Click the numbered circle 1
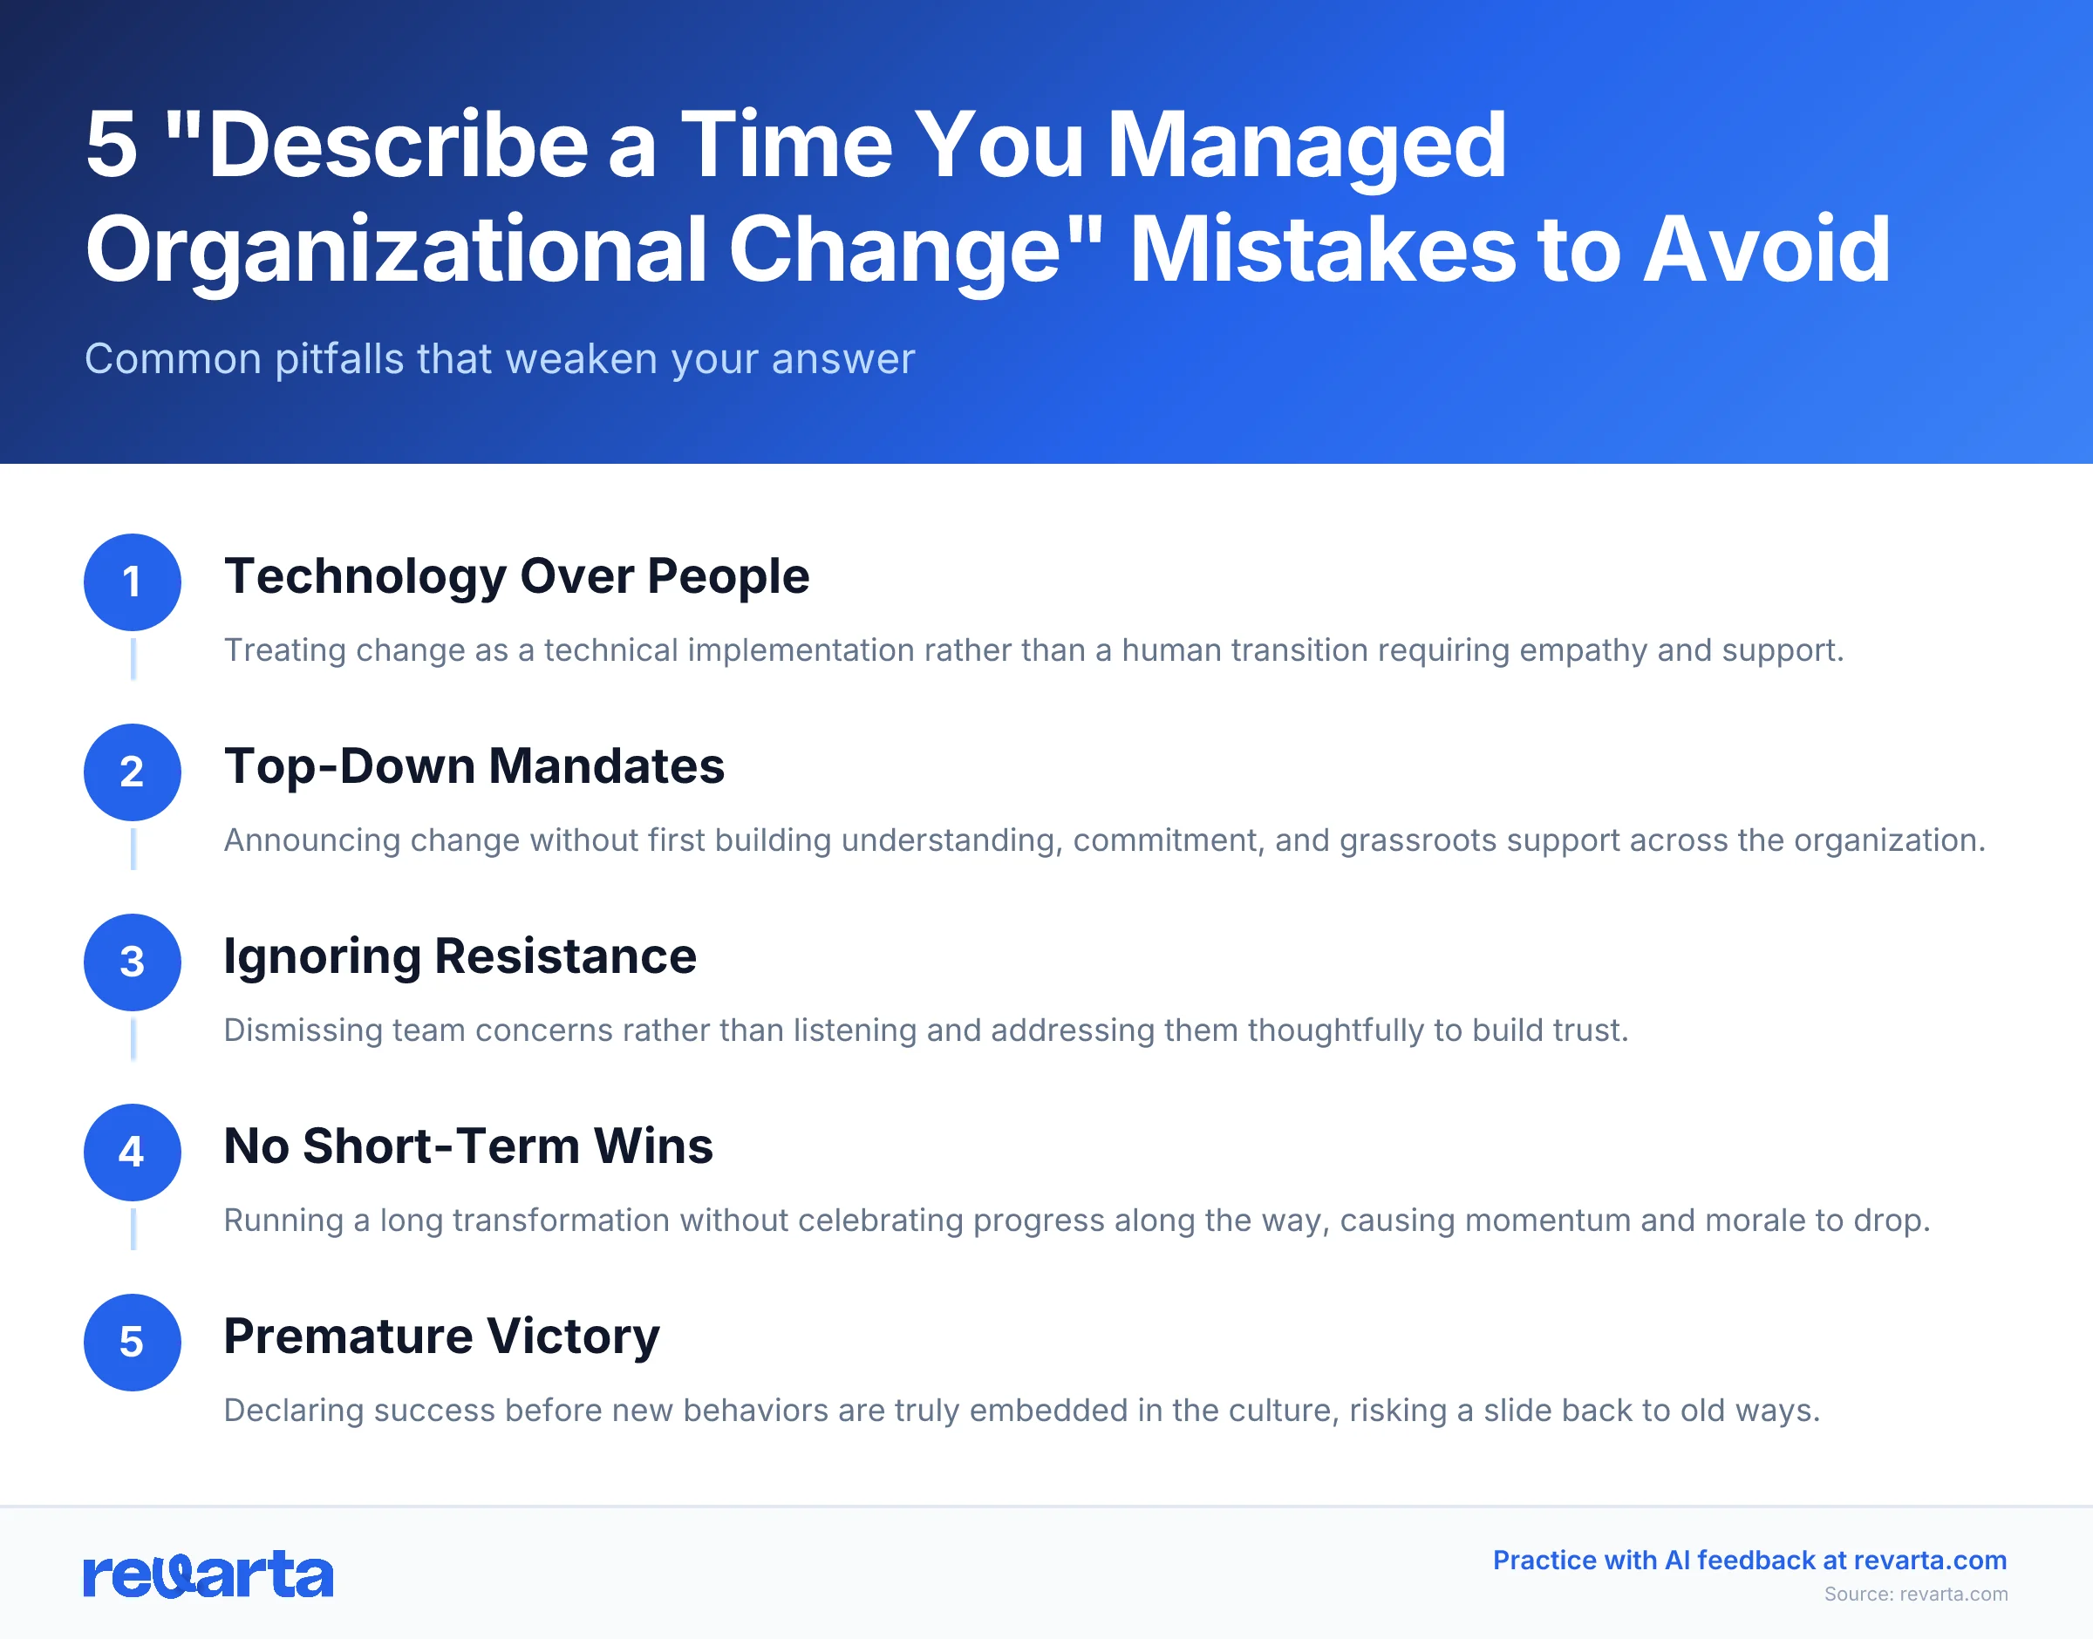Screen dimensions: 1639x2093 click(133, 581)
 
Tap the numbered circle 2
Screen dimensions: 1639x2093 click(133, 772)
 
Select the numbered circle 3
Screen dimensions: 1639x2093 click(133, 962)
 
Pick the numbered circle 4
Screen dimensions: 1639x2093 click(133, 1152)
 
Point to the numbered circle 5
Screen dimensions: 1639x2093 click(133, 1342)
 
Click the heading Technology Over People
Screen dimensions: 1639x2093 click(516, 577)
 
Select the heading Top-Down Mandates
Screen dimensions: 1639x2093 click(474, 766)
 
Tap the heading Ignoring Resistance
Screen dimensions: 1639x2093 click(460, 956)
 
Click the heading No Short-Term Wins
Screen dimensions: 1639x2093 click(468, 1146)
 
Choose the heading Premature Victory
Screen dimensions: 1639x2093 click(441, 1336)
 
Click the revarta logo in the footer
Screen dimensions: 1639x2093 click(208, 1574)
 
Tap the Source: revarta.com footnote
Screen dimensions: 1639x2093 click(1915, 1594)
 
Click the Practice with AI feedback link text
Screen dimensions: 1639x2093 click(1749, 1561)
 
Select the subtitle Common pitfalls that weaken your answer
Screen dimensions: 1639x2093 click(499, 359)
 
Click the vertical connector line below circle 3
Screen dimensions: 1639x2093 click(133, 1040)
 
